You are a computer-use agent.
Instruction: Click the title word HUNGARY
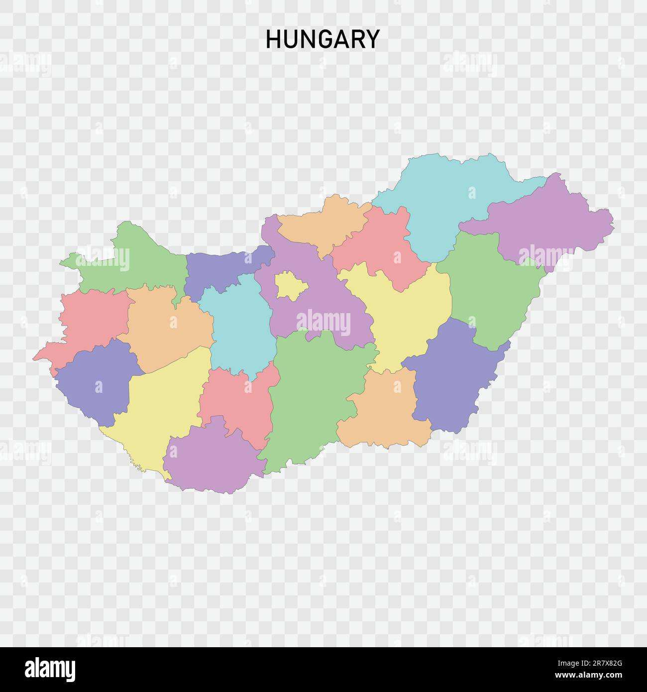click(323, 39)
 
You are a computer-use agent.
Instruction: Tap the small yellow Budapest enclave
click(291, 286)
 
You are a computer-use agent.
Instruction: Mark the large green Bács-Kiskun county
click(314, 393)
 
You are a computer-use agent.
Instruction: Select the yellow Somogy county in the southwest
click(159, 403)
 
